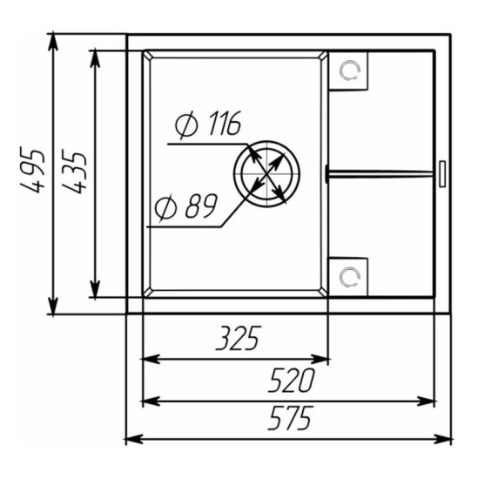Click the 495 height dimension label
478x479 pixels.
pyautogui.click(x=32, y=170)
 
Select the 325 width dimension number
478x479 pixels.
pyautogui.click(x=239, y=338)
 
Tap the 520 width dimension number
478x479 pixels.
pyautogui.click(x=291, y=380)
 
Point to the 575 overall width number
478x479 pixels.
pyautogui.click(x=291, y=418)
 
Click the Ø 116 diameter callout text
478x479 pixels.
pyautogui.click(x=208, y=124)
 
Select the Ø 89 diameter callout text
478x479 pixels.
pyautogui.click(x=185, y=206)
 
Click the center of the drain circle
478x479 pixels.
pyautogui.click(x=267, y=174)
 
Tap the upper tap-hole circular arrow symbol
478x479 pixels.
pyautogui.click(x=350, y=71)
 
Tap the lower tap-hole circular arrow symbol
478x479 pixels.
pyautogui.click(x=350, y=277)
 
